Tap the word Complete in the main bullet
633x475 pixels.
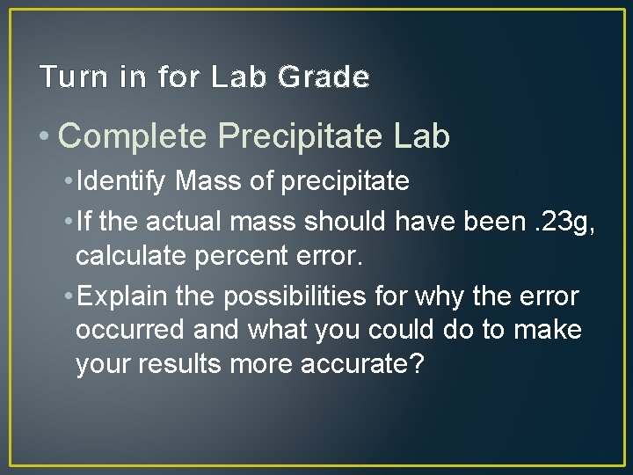[x=133, y=136]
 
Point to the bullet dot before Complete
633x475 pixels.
[x=45, y=137]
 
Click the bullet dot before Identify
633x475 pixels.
[x=68, y=182]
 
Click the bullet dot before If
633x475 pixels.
[x=68, y=223]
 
